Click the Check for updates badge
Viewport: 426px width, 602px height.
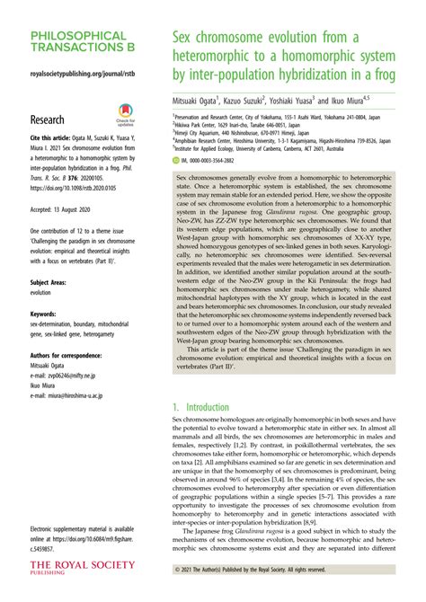[x=125, y=120]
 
